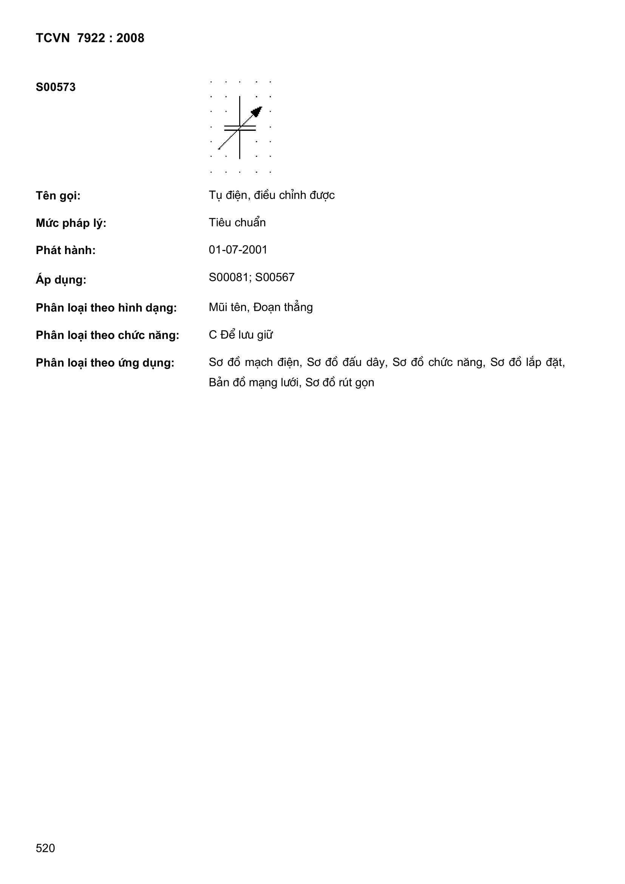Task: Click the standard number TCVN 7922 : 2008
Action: click(90, 38)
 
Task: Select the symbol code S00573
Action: click(56, 87)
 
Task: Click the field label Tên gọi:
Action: click(58, 196)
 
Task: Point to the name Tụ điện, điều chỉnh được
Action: click(271, 195)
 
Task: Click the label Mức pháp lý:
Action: click(71, 223)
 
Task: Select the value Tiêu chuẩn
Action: click(237, 223)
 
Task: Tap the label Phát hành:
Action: click(65, 251)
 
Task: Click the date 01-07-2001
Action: click(238, 250)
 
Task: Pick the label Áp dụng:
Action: click(61, 279)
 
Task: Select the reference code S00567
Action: click(275, 278)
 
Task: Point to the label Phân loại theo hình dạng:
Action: click(106, 308)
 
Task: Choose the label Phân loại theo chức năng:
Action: click(107, 335)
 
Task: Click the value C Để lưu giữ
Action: click(241, 335)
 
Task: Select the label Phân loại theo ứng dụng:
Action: click(105, 363)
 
